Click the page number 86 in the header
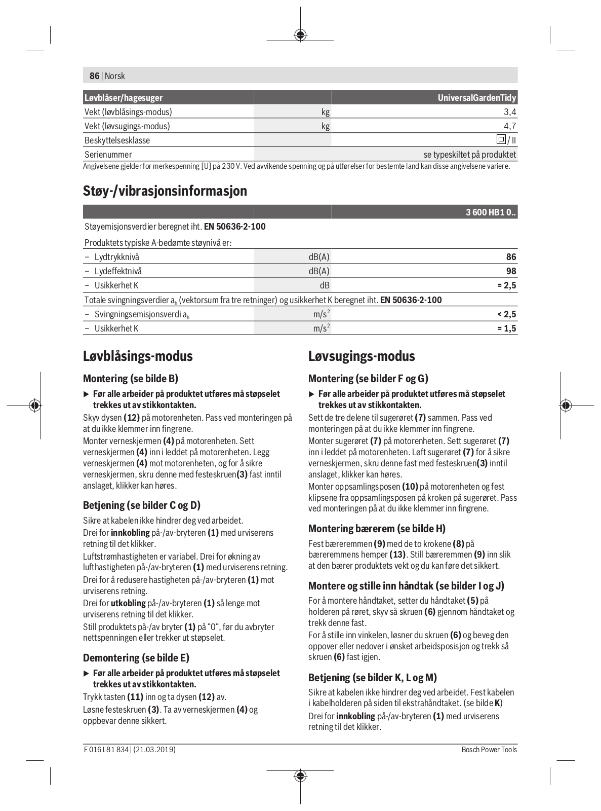point(94,76)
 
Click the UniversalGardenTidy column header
point(476,98)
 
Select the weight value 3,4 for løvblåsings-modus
point(510,112)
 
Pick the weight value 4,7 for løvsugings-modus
point(510,126)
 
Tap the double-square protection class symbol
point(501,139)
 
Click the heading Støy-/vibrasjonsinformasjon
point(165,191)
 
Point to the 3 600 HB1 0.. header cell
point(491,213)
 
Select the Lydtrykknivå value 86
point(510,257)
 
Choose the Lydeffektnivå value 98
point(510,271)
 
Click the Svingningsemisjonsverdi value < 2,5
point(506,314)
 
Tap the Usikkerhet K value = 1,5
point(506,328)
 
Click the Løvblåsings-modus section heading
point(138,356)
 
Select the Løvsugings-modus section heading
point(362,356)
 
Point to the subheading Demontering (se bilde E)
point(136,658)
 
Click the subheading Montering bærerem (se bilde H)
point(377,529)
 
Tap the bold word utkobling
point(128,603)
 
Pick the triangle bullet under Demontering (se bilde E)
point(86,674)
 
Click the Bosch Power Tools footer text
point(489,750)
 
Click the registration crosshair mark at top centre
point(300,35)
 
